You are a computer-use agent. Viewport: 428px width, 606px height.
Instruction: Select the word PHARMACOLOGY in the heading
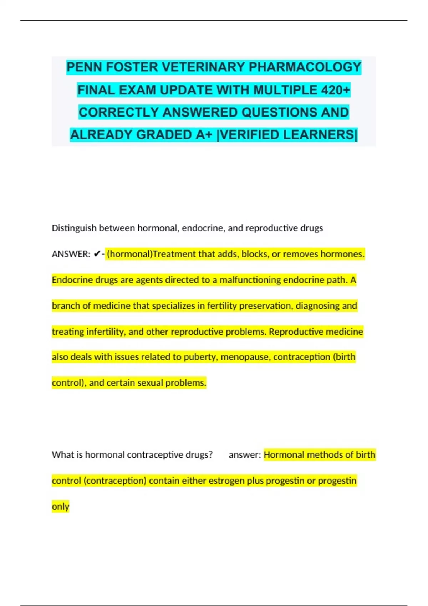click(x=305, y=67)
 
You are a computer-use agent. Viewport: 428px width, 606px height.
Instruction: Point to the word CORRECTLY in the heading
click(x=119, y=112)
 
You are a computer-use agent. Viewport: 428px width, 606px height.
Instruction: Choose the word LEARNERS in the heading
click(x=323, y=135)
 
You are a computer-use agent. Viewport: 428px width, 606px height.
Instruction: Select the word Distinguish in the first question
click(x=74, y=228)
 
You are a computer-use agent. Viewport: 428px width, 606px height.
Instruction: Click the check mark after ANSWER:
click(x=97, y=254)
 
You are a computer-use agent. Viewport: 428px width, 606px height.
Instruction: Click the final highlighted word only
click(x=60, y=507)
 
